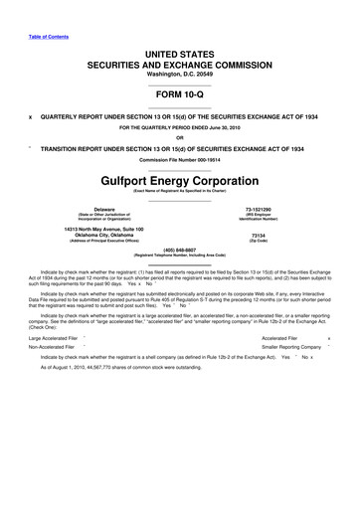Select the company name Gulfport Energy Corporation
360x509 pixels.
pos(180,180)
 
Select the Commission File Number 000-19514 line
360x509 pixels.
pos(180,159)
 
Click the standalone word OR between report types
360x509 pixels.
pos(180,138)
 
